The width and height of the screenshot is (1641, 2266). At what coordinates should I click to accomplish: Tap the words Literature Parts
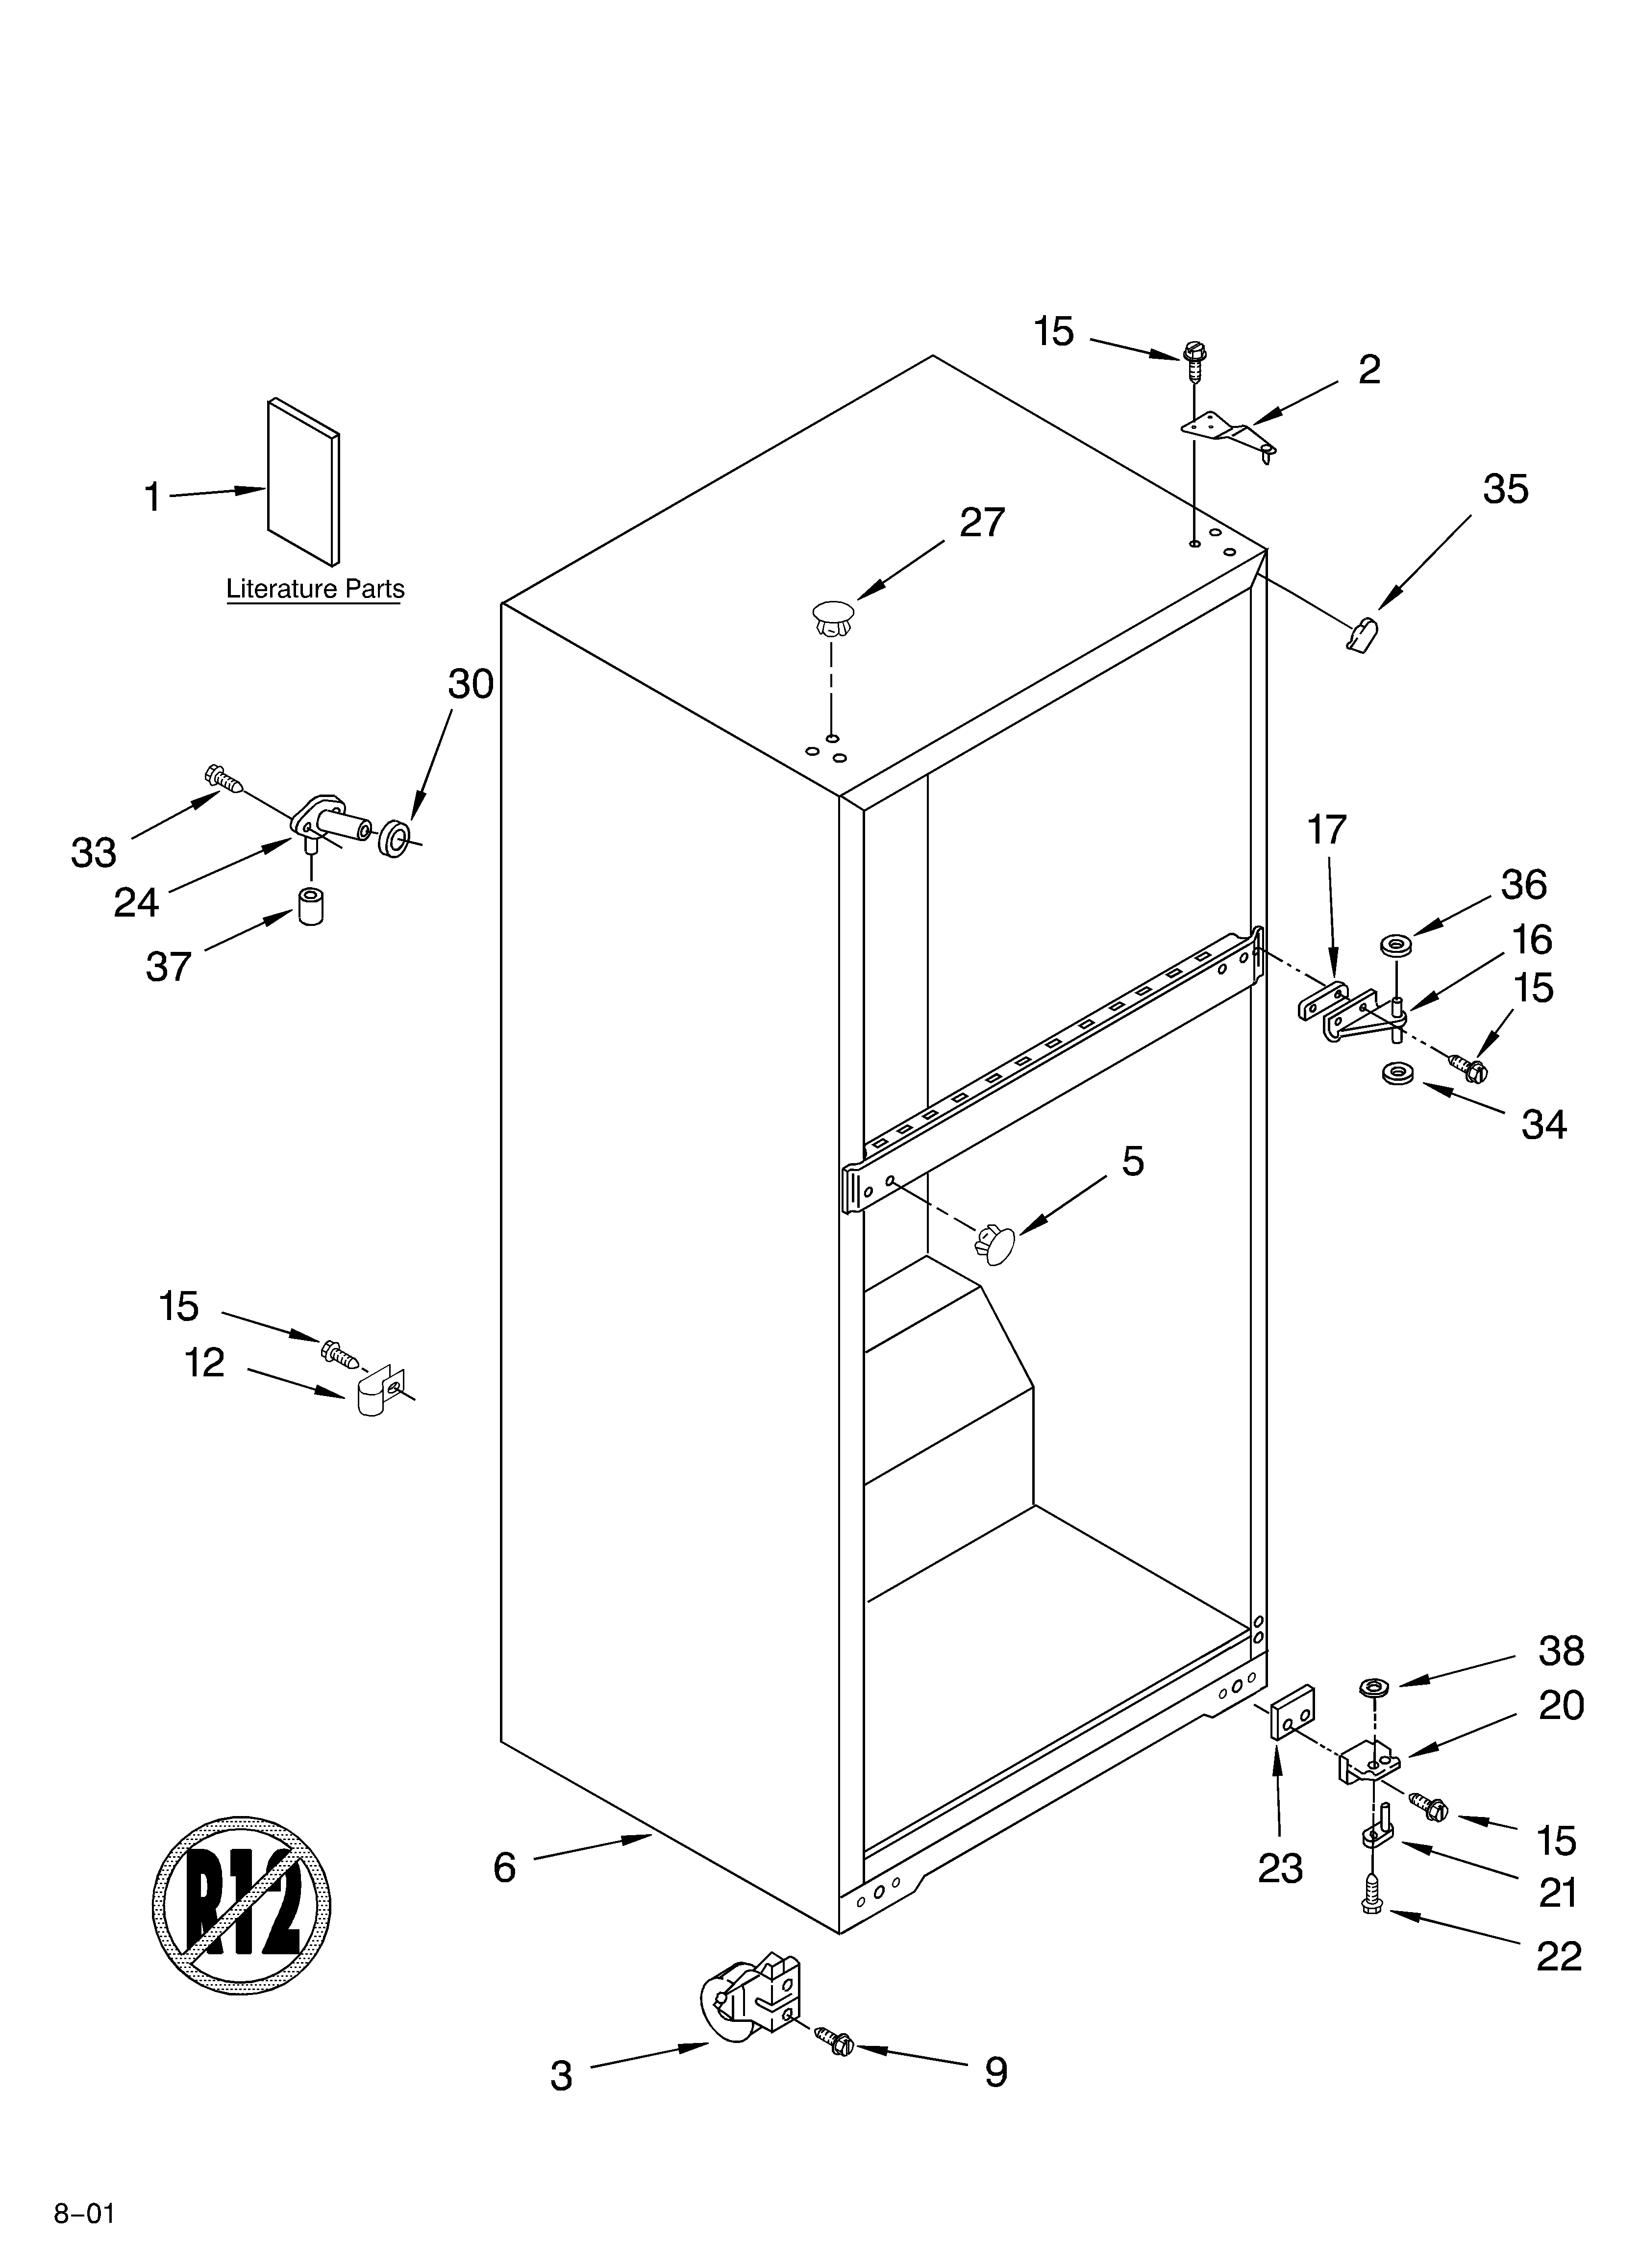click(315, 590)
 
